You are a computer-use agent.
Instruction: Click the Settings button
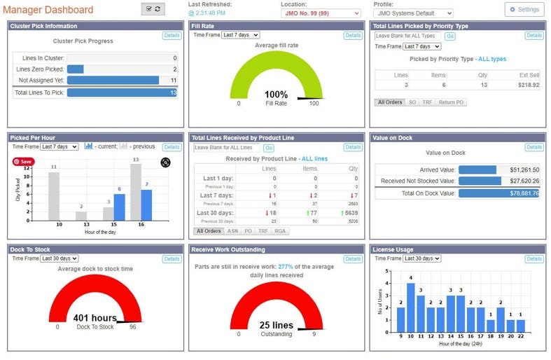pos(524,9)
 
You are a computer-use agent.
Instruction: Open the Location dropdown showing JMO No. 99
pos(321,13)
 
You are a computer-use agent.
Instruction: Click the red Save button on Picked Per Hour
pos(22,161)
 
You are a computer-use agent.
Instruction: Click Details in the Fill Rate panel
pos(353,35)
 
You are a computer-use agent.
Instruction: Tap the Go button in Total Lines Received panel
pos(269,148)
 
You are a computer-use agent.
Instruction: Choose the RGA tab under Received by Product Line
pos(280,230)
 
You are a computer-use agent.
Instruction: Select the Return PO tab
pos(452,102)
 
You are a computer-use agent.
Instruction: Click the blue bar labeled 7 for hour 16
pos(146,204)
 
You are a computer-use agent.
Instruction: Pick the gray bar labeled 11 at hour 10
pos(53,195)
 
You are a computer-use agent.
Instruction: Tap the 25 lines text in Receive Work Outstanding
pos(275,325)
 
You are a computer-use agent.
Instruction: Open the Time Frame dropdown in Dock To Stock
pos(59,258)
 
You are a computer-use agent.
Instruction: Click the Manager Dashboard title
pos(48,10)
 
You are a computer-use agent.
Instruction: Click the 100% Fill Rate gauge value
pos(276,94)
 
